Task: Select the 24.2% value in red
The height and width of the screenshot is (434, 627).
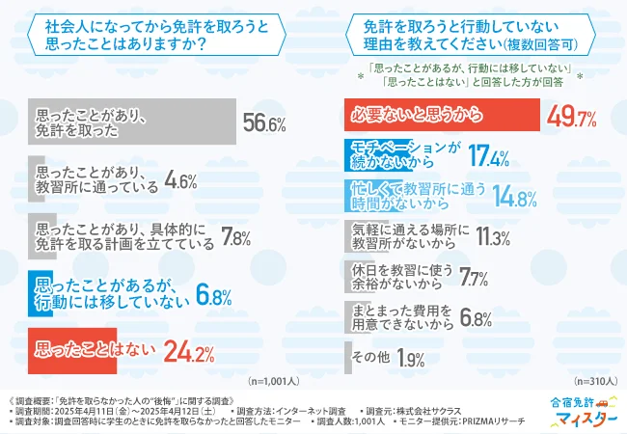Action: click(188, 352)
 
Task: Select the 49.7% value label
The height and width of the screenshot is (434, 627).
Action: click(572, 118)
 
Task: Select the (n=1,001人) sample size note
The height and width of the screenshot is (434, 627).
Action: click(275, 382)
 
